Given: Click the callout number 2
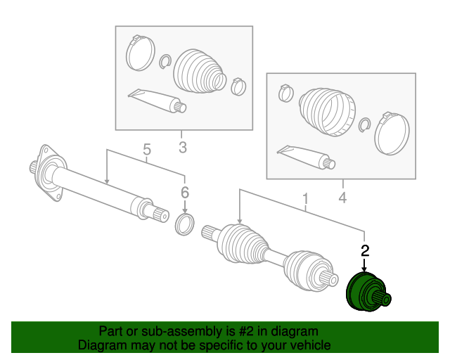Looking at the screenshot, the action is point(364,250).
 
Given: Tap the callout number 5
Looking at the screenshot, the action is point(147,150).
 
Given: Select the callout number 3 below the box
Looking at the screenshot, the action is point(183,147).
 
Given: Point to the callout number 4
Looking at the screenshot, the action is point(342,198).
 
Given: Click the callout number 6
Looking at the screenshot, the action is point(185,193).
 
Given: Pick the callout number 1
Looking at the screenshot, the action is point(306,199).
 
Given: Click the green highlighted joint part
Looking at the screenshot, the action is point(368,292).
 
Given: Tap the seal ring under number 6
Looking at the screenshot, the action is point(184,224).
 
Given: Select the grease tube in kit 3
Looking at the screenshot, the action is point(157,101).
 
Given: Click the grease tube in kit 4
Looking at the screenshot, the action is point(306,157).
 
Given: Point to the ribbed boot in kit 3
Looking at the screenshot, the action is point(200,72).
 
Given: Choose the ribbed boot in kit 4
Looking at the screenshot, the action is point(327,111).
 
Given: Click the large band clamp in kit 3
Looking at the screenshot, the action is point(141,53).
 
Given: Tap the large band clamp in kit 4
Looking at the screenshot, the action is point(392,134).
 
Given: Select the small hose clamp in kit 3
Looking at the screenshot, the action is point(238,86).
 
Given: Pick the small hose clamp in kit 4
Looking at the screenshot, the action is point(286,93).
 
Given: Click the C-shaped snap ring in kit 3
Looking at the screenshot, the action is point(165,61).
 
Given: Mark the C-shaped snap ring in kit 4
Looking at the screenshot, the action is point(364,125).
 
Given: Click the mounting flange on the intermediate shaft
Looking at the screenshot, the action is point(49,172).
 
